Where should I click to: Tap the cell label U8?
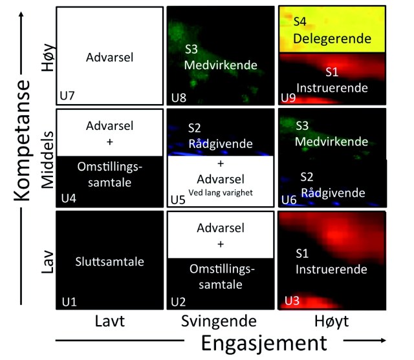click(179, 98)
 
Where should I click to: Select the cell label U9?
click(289, 98)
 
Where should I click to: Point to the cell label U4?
click(69, 197)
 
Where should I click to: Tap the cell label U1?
click(69, 301)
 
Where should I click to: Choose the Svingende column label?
click(220, 321)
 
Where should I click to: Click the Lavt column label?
click(109, 321)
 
